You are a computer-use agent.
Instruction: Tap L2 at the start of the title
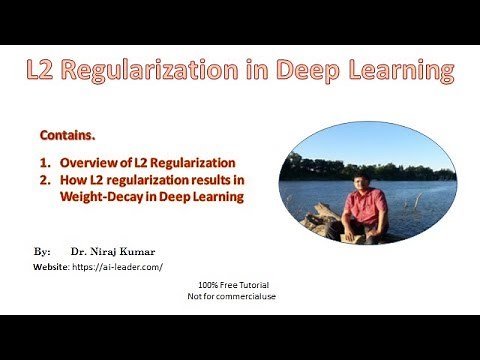click(x=44, y=71)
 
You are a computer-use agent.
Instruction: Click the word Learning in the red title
click(x=401, y=71)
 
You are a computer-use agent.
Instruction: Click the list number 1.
click(x=45, y=162)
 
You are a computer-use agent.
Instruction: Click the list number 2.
click(x=45, y=180)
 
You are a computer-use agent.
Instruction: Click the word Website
click(x=49, y=267)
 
